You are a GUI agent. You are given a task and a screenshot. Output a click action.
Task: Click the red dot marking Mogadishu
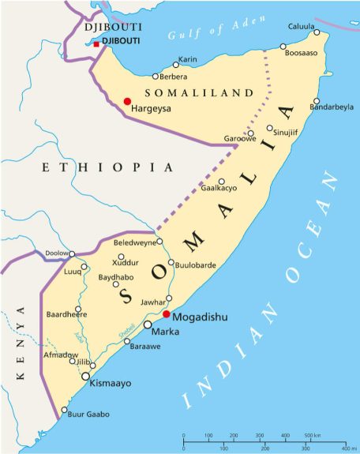pos(166,313)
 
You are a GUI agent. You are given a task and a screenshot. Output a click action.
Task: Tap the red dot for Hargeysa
pos(127,101)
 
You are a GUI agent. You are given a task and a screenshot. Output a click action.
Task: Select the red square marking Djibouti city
pos(96,44)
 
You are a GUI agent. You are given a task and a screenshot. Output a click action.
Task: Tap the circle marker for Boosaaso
pos(283,47)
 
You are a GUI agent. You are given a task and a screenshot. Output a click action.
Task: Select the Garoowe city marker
pos(250,133)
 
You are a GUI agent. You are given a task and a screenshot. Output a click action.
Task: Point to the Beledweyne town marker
pos(159,242)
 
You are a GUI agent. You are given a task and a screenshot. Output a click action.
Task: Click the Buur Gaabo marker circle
pos(65,410)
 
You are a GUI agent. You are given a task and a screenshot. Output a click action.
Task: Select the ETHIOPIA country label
pos(107,167)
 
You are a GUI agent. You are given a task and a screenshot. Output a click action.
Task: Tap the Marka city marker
pos(148,325)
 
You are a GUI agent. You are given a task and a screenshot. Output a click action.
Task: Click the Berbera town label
pos(174,77)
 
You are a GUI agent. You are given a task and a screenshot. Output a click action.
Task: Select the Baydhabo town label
pos(114,277)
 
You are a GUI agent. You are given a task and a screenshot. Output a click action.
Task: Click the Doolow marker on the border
pos(72,254)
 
